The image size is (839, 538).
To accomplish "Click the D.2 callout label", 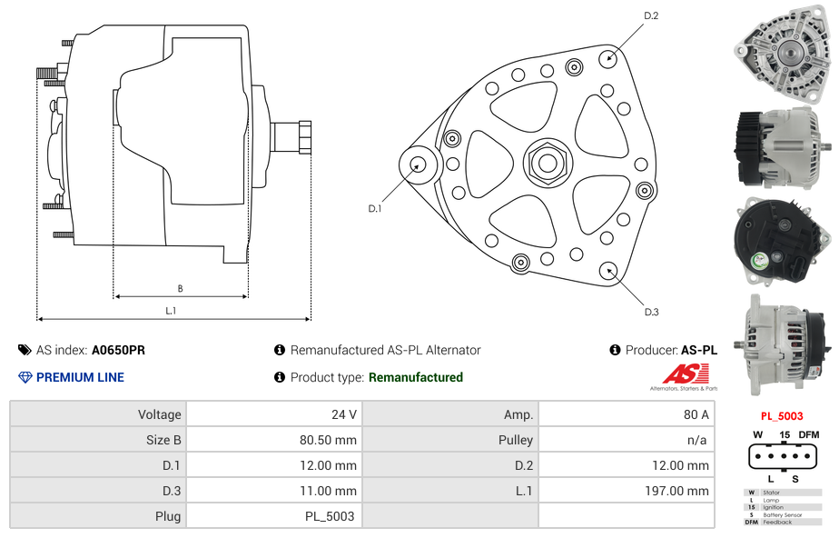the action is pos(651,16).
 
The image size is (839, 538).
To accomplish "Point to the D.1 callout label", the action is pos(374,209).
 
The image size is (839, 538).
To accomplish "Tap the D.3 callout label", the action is pos(651,312).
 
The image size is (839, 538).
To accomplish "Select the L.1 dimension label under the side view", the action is pos(171,311).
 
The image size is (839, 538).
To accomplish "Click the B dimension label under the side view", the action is pos(181,289).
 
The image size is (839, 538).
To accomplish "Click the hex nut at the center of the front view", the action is pos(548,164).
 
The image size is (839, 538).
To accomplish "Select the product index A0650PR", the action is pos(118,350).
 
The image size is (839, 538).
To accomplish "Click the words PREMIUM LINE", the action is pos(80,377).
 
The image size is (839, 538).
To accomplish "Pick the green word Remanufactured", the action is pos(416,377).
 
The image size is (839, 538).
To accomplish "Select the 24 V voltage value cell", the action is pos(274,414).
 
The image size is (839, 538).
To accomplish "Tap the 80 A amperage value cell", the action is pos(627,414).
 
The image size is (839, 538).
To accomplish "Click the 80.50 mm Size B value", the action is pos(328,440).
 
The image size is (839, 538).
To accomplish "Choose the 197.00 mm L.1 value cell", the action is pos(627,491).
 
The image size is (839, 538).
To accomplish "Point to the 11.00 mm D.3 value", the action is pos(328,491).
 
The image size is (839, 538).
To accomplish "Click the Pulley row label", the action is pos(516,440).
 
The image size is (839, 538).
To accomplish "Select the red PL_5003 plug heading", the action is pos(782,416).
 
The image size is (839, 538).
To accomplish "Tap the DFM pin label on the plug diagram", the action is pos(808,434).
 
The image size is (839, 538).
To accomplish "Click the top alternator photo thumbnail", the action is pos(783,54).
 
